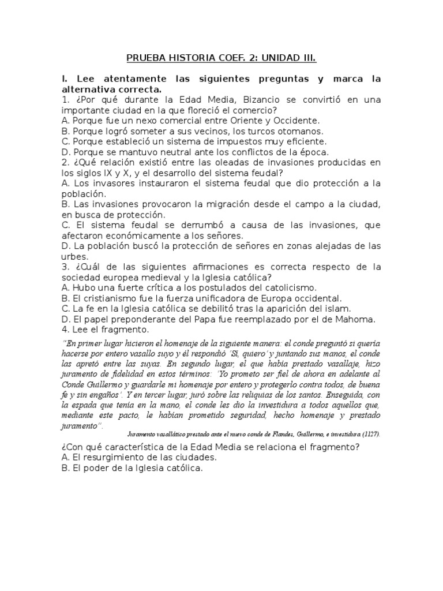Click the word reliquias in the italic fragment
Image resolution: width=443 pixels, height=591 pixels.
(247, 398)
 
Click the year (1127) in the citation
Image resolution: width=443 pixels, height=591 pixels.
(370, 433)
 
